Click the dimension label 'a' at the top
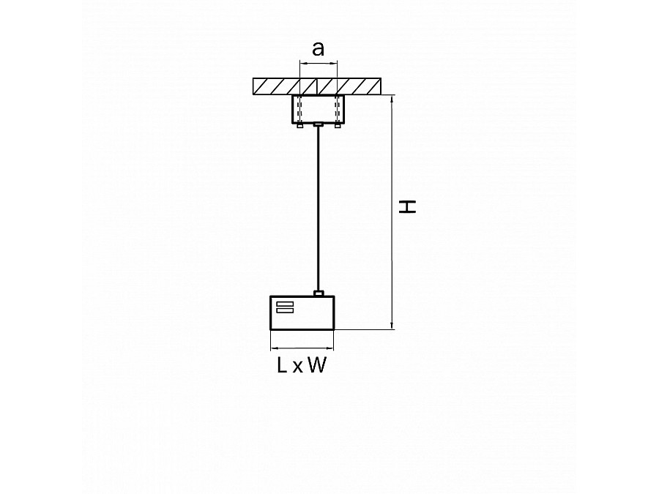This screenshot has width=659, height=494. click(x=319, y=49)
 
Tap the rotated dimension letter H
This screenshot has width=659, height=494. click(x=407, y=207)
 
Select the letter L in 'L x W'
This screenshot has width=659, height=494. click(x=282, y=365)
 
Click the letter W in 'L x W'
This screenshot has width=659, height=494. click(x=317, y=365)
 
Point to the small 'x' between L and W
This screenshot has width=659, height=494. click(x=297, y=367)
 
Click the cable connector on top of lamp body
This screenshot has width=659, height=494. click(x=319, y=293)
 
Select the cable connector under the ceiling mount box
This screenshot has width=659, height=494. click(x=319, y=124)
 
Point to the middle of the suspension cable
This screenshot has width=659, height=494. click(x=319, y=209)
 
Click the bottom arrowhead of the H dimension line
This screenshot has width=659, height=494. click(x=392, y=326)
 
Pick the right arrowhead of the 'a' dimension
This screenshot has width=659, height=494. click(x=334, y=64)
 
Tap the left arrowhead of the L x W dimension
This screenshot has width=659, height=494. click(x=274, y=348)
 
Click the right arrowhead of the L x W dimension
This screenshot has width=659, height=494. click(x=330, y=348)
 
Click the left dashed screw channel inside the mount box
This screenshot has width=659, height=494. click(x=299, y=109)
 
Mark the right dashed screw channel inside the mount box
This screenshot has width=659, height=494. click(x=338, y=109)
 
